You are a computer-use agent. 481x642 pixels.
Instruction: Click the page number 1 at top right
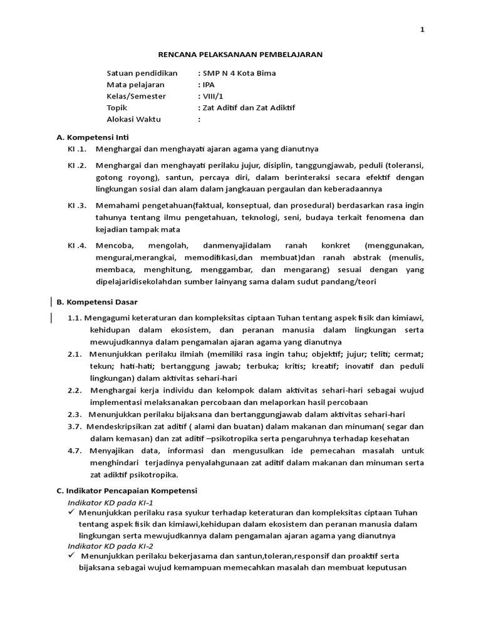pos(422,30)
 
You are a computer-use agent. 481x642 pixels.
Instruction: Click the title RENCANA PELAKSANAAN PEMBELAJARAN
pos(240,55)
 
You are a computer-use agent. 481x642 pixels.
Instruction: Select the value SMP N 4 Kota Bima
pos(239,73)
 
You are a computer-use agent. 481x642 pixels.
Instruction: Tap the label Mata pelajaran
pos(135,85)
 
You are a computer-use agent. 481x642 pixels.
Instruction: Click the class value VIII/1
pos(212,96)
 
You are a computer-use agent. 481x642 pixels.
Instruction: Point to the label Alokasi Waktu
pos(133,119)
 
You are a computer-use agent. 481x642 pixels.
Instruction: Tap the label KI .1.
pos(76,149)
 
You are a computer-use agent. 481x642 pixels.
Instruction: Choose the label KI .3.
pos(76,206)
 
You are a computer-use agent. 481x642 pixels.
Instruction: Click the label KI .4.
pos(76,246)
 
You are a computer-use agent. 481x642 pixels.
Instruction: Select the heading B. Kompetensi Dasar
pos(97,302)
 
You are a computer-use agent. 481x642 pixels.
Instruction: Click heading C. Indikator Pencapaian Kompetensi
pos(127,490)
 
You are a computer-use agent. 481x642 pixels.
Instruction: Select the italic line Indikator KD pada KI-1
pos(110,503)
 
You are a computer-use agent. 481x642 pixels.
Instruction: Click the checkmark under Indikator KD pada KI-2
pos(72,555)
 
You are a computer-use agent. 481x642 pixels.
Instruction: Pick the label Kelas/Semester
pos(137,96)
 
